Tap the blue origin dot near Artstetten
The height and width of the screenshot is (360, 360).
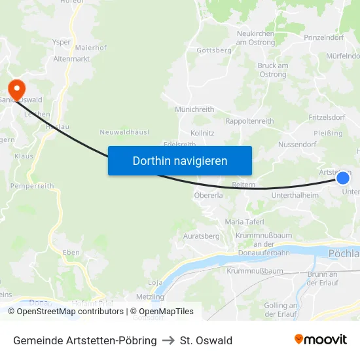343,177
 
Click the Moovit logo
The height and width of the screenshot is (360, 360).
321,339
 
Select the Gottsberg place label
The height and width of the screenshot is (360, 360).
214,50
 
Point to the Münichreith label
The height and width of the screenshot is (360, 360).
195,109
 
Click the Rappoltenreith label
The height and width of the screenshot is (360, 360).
249,121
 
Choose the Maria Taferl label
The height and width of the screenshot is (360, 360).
244,222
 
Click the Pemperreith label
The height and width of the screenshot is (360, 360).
32,186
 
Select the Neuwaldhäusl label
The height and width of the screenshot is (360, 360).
124,132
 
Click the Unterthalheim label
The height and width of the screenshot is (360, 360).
295,195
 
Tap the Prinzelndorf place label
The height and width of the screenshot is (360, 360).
324,37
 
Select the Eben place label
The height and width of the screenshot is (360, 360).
71,252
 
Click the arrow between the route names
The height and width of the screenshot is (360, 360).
168,340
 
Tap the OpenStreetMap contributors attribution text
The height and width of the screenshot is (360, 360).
70,312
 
